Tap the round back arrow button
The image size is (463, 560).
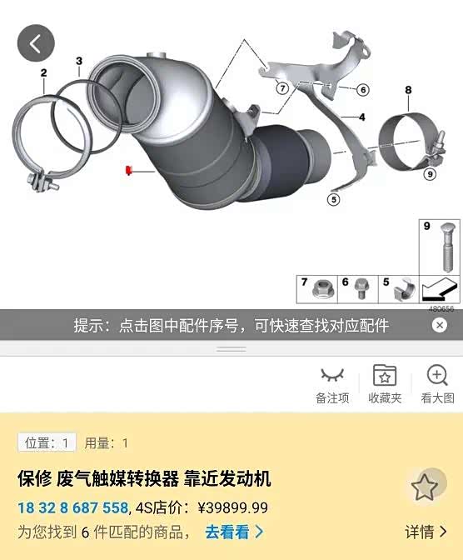[x=36, y=43]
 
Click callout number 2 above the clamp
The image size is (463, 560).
[x=43, y=72]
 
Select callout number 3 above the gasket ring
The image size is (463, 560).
[x=79, y=61]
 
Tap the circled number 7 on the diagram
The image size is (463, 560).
[x=282, y=87]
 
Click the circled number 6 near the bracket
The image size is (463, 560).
[x=363, y=90]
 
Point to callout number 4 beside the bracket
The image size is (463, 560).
[x=362, y=117]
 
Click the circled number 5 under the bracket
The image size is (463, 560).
[x=333, y=199]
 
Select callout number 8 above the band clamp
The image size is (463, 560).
[x=408, y=90]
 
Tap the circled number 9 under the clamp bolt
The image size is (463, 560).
[x=430, y=174]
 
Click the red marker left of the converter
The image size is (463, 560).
[x=128, y=170]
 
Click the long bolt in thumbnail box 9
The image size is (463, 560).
[x=446, y=247]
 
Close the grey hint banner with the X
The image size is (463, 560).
[x=440, y=325]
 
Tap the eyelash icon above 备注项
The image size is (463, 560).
[x=332, y=374]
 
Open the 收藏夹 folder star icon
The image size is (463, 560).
[x=385, y=375]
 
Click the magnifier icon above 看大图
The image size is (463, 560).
[x=437, y=375]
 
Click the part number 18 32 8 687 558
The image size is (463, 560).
[x=72, y=507]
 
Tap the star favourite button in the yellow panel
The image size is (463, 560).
[x=425, y=487]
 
